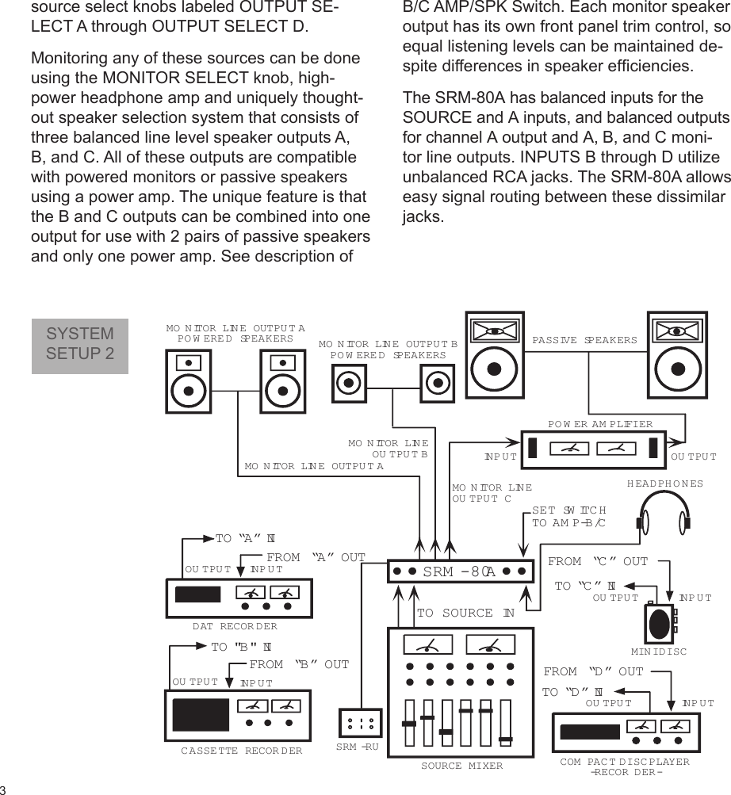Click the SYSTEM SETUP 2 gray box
(79, 345)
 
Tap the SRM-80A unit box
(461, 571)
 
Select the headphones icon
(662, 514)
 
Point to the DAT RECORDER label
(235, 626)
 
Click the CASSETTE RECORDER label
(241, 750)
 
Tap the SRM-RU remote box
(360, 723)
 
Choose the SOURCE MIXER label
(461, 766)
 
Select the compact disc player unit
(626, 732)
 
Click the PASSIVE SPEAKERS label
(584, 340)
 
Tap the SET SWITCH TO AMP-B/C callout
(568, 517)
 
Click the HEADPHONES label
(664, 483)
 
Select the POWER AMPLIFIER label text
(600, 423)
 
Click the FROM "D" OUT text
(593, 672)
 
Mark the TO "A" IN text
(244, 539)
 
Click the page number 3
(4, 789)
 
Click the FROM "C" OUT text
(598, 562)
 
